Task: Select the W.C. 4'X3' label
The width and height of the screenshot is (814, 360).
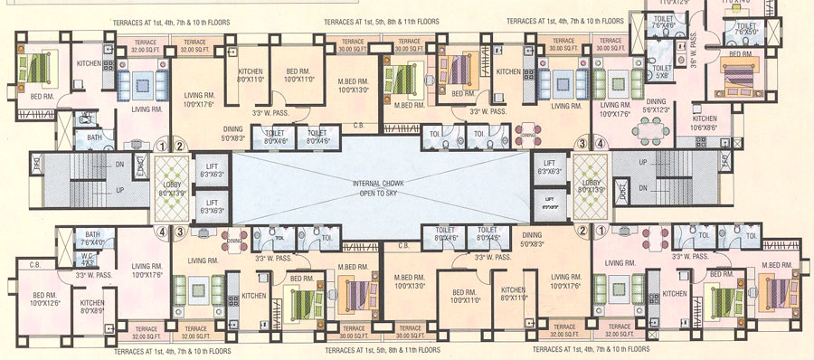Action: tap(89, 259)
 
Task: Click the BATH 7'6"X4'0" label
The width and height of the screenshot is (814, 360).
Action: tap(92, 238)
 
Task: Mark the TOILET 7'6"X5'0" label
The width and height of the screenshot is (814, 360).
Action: tap(746, 30)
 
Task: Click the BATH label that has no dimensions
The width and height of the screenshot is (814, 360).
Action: tap(94, 137)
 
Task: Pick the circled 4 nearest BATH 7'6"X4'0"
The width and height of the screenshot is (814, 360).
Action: tap(163, 232)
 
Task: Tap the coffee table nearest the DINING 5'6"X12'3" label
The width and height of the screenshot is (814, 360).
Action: tap(611, 90)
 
